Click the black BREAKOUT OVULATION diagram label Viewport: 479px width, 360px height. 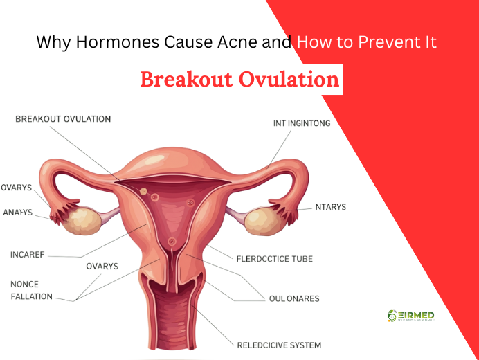click(63, 119)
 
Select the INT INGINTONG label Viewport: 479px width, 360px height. click(302, 124)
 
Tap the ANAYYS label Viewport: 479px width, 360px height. click(18, 213)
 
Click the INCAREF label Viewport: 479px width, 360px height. click(27, 255)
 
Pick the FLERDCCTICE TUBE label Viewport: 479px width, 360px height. click(274, 259)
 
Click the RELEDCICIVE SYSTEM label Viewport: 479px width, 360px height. click(279, 345)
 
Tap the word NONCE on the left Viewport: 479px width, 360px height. click(24, 285)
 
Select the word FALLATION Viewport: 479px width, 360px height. click(31, 296)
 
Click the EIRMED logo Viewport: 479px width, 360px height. click(411, 316)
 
